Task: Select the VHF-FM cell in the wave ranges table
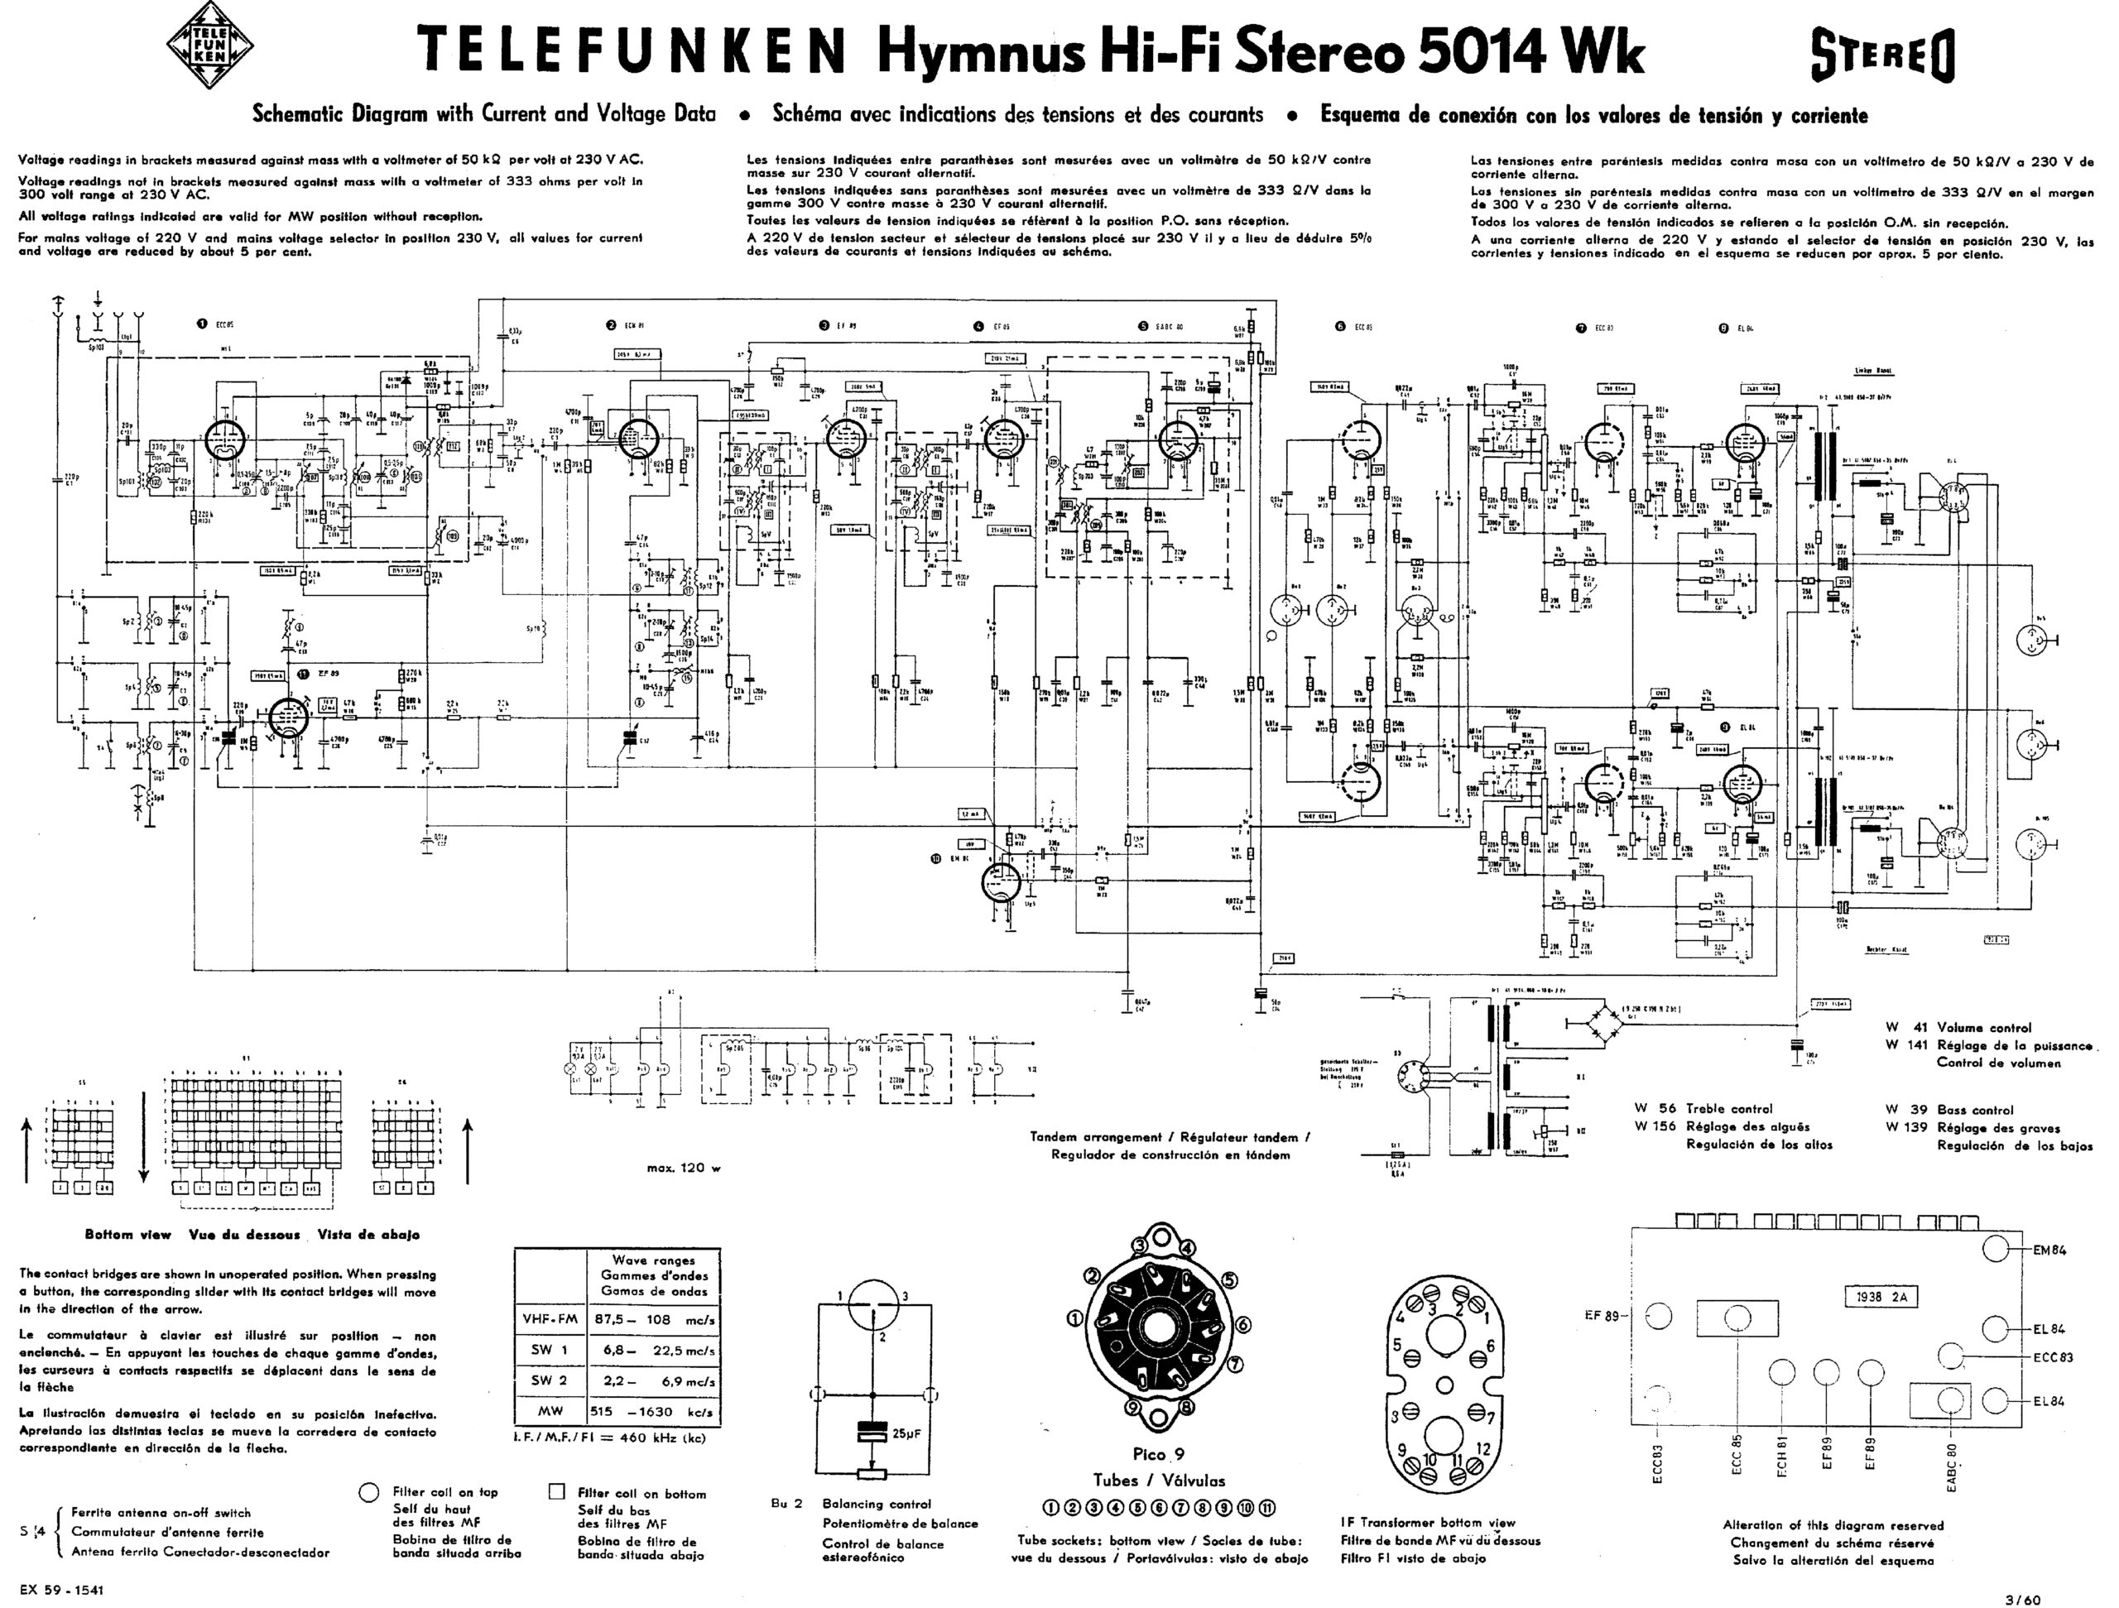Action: pos(550,1319)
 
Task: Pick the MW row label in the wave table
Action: pos(550,1411)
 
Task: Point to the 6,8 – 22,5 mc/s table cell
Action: pos(652,1350)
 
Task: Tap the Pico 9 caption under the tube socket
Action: pos(1158,1454)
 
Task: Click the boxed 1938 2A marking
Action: pos(1875,1298)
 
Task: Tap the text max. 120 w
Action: pos(683,1169)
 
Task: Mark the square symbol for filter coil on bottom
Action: pos(556,1492)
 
